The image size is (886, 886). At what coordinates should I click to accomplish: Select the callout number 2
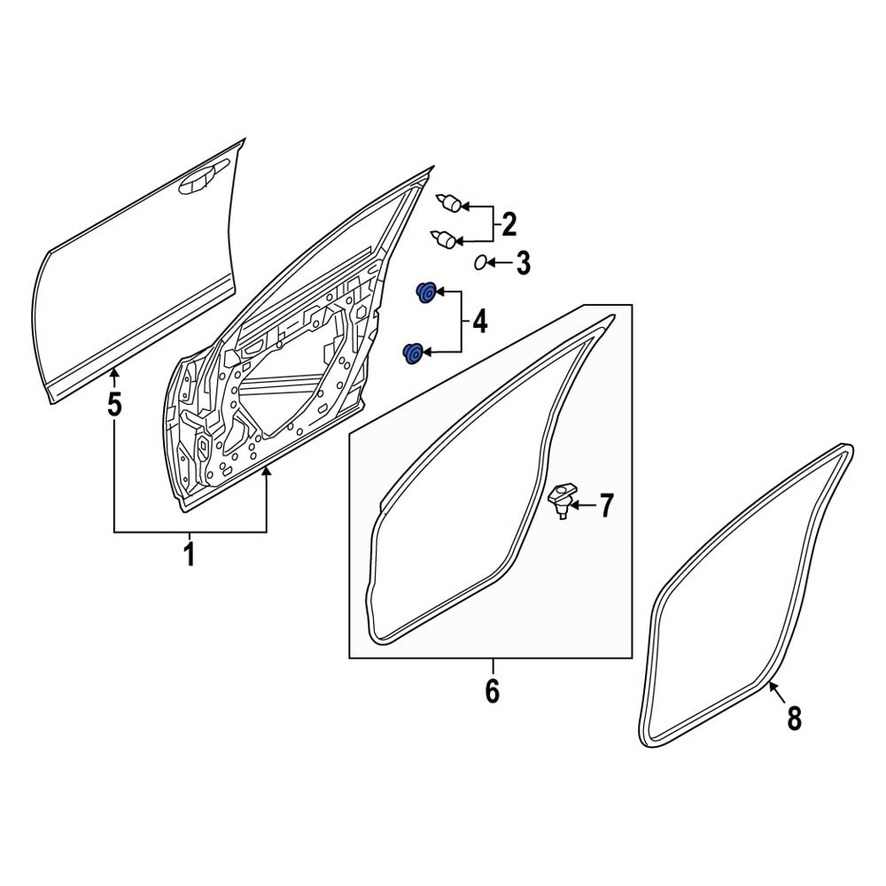pyautogui.click(x=509, y=224)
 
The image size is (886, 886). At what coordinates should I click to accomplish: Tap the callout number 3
pyautogui.click(x=523, y=263)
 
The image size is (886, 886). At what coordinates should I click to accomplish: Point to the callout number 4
pyautogui.click(x=479, y=323)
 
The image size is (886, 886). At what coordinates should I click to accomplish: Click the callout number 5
pyautogui.click(x=114, y=405)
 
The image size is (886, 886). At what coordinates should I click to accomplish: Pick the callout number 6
pyautogui.click(x=493, y=690)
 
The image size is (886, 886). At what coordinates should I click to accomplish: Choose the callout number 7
pyautogui.click(x=605, y=506)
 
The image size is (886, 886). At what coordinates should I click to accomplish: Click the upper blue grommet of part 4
pyautogui.click(x=426, y=291)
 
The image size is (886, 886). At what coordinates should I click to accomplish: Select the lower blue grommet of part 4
pyautogui.click(x=412, y=353)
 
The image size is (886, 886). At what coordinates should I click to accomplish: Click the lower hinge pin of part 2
pyautogui.click(x=445, y=237)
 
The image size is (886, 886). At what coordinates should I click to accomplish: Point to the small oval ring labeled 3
pyautogui.click(x=480, y=262)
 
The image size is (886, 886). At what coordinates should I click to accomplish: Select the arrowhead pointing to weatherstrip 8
pyautogui.click(x=770, y=682)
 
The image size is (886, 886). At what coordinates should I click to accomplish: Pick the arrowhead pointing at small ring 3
pyautogui.click(x=493, y=263)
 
